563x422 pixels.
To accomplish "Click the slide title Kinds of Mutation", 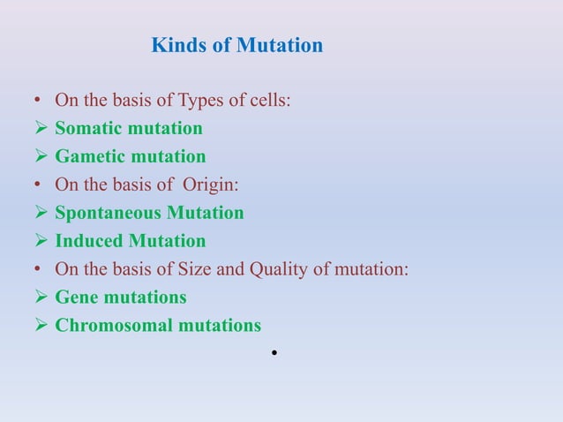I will tap(237, 45).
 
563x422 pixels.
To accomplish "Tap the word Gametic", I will tap(88, 157).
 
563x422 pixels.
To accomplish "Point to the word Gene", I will tap(75, 298).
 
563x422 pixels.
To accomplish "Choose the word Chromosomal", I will tap(111, 326).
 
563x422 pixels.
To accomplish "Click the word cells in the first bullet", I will tap(268, 101).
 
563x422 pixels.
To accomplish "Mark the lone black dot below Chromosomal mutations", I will tap(276, 352).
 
